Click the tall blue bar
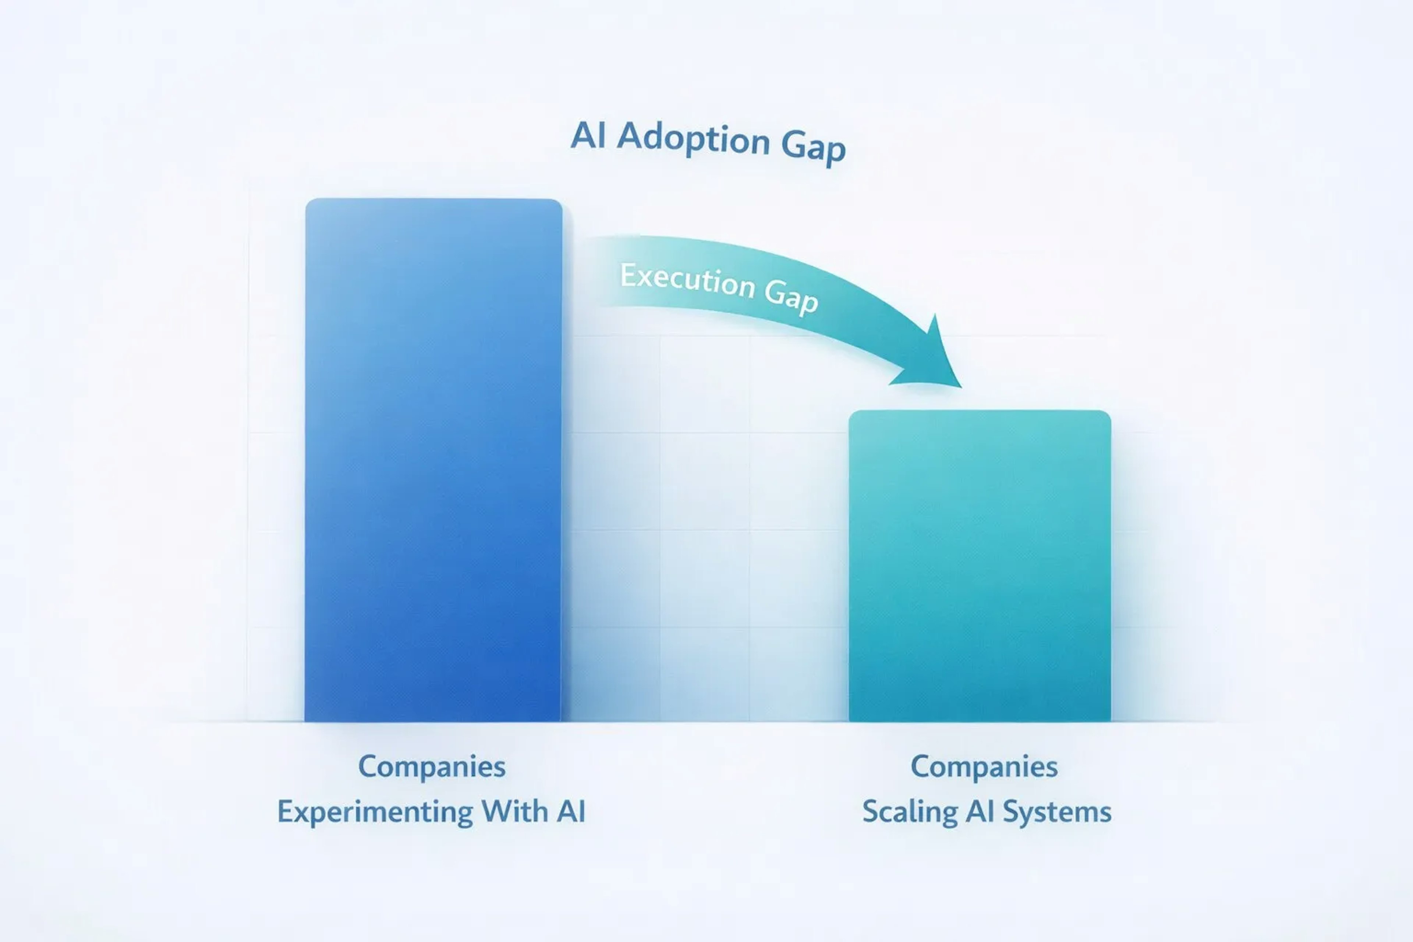(x=433, y=460)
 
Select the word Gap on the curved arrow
(x=791, y=297)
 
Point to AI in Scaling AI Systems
(x=980, y=811)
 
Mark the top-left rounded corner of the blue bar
(x=308, y=202)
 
